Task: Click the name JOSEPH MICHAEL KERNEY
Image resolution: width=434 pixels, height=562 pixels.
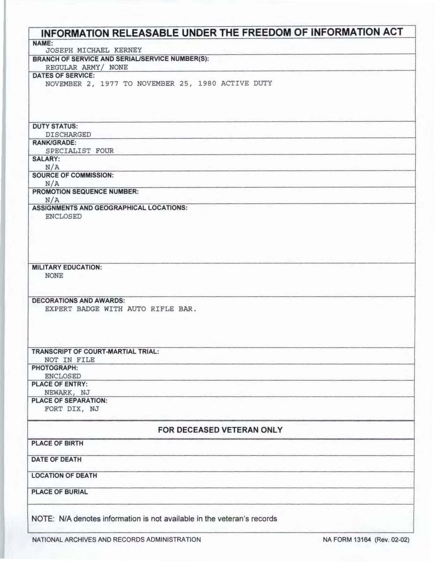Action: (89, 50)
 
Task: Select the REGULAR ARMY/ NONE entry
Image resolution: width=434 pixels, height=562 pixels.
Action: (87, 67)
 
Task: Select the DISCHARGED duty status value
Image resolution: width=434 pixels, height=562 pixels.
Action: (68, 135)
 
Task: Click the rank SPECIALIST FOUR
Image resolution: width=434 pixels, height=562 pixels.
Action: (79, 151)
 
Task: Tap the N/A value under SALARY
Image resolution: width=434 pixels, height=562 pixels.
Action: (52, 167)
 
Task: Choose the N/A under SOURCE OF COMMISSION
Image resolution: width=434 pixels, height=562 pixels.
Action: (52, 184)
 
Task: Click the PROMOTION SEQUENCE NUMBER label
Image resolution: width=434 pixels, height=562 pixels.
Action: (85, 192)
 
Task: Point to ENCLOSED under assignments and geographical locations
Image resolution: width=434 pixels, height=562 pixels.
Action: (63, 216)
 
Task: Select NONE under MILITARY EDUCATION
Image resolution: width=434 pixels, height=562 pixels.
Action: (54, 276)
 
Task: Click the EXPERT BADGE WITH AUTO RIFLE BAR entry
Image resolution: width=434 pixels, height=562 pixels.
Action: (121, 309)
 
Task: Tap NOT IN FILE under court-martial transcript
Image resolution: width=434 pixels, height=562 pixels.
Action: (69, 360)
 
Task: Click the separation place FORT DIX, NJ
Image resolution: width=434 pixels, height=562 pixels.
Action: (72, 409)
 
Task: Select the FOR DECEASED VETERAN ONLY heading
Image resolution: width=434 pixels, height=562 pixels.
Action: (220, 430)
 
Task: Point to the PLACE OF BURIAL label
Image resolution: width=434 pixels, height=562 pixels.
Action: (59, 492)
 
